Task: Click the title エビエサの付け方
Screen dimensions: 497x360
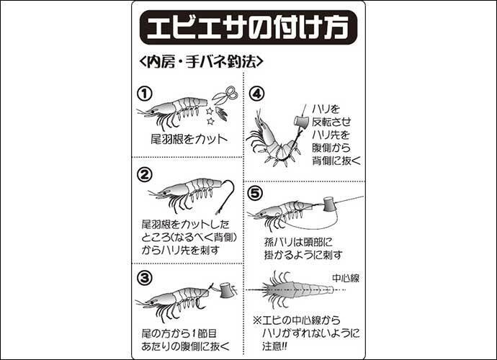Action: coord(248,27)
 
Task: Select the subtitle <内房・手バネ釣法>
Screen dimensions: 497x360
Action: coord(201,62)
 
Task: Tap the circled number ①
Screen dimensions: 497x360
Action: coord(145,94)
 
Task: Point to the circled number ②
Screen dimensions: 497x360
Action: coord(145,174)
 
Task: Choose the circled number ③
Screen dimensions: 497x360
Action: coord(145,278)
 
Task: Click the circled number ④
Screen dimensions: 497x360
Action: coord(256,94)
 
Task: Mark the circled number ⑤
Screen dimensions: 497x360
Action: coord(255,193)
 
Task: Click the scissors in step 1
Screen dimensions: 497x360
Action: coord(225,94)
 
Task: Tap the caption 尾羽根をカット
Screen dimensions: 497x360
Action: coord(189,139)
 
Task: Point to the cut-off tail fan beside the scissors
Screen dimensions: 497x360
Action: coord(222,114)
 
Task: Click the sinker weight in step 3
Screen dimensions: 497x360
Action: coord(228,291)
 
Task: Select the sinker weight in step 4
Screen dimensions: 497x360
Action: coord(301,122)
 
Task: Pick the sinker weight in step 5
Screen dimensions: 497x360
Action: coord(330,204)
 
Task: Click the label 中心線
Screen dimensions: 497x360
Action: coord(346,278)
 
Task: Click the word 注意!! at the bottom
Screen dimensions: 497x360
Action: coord(274,346)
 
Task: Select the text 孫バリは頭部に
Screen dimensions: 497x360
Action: coord(298,242)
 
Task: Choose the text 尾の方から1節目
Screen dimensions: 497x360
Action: coord(179,333)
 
